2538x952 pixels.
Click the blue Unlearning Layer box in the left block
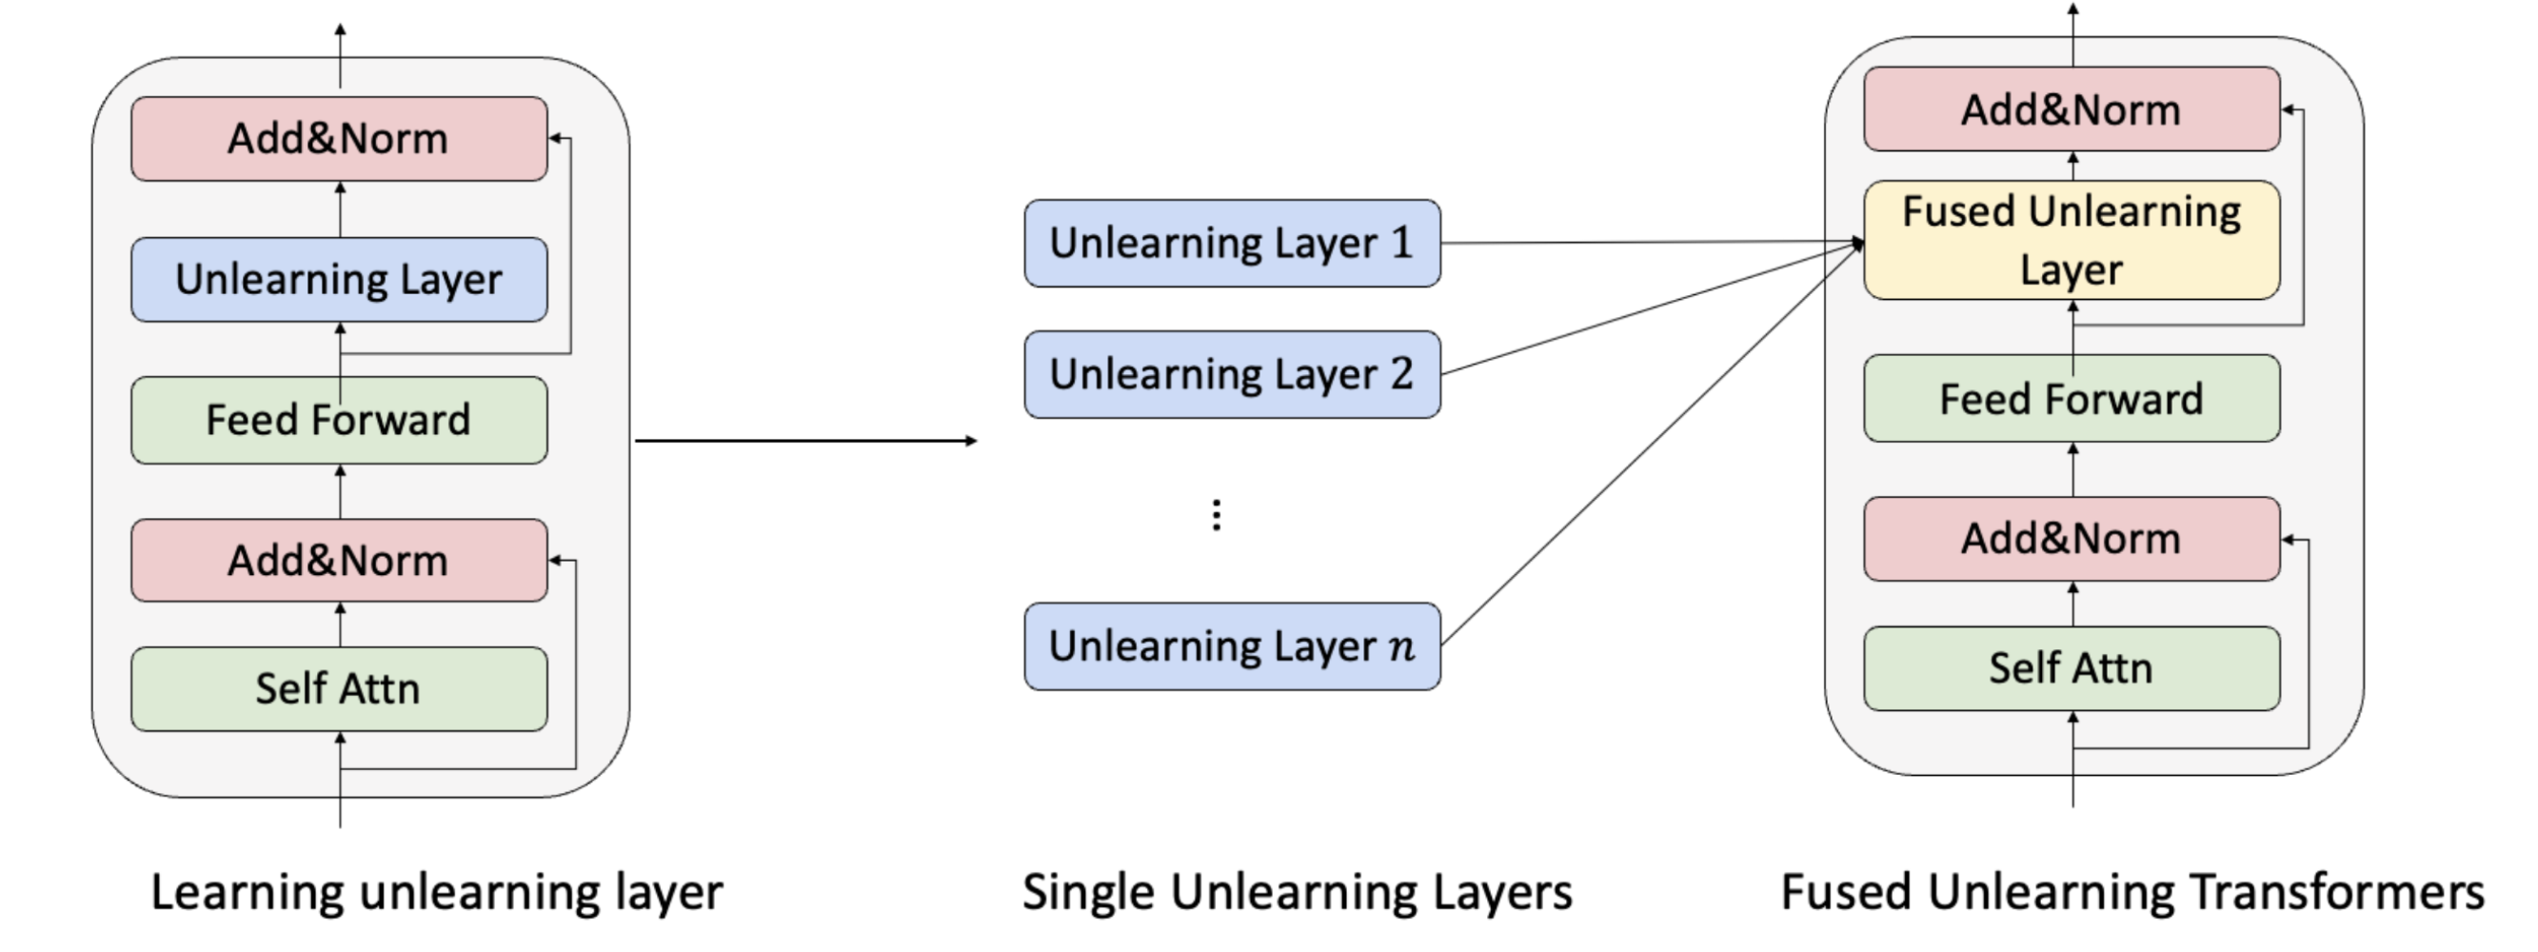(339, 280)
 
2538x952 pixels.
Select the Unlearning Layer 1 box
(1232, 244)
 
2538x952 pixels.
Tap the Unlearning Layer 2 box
(1232, 374)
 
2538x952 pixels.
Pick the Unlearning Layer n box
(1232, 646)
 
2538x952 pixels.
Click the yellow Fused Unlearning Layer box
(2071, 241)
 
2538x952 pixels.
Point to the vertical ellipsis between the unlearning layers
(1217, 515)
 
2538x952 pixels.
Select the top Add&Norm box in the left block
(339, 139)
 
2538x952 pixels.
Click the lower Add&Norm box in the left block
(339, 561)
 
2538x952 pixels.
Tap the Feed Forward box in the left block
(339, 421)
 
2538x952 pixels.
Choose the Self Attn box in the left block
(339, 689)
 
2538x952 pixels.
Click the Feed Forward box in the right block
(2071, 399)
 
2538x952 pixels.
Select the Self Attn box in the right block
(2071, 668)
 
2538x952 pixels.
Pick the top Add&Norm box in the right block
(2071, 109)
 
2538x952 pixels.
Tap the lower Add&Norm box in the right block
(2071, 539)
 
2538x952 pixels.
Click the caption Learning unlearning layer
(436, 893)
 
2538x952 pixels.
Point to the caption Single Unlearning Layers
(1297, 893)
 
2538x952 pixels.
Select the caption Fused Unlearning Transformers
(2132, 893)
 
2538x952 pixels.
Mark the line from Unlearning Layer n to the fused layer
(1651, 446)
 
